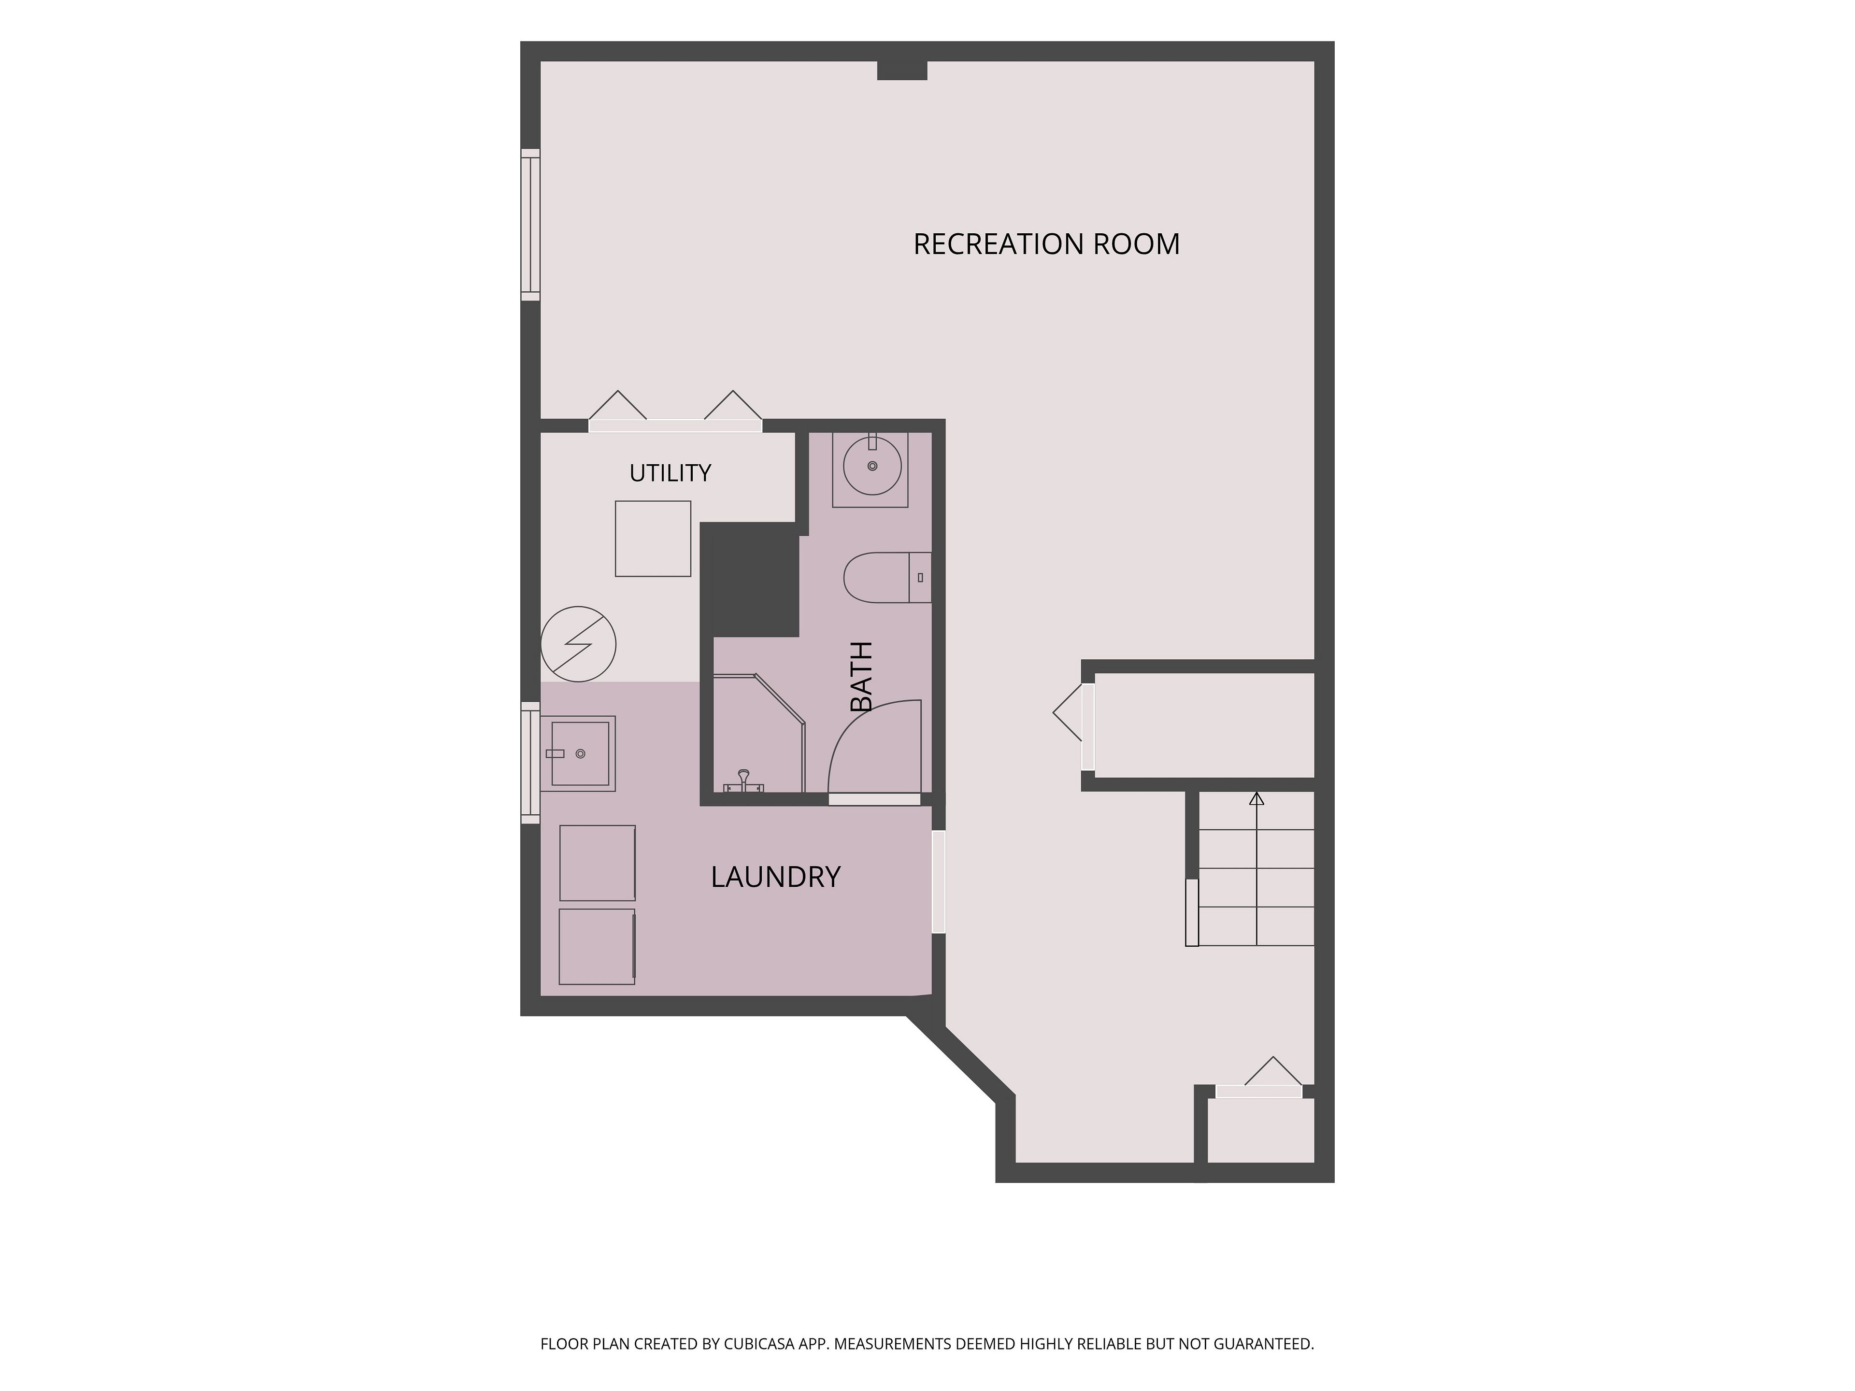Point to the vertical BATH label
(861, 677)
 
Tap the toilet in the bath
(887, 578)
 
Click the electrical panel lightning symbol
(579, 644)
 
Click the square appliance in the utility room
(653, 539)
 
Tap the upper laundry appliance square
(597, 863)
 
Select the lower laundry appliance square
(597, 947)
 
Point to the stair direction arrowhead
(1256, 799)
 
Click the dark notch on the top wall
(902, 71)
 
